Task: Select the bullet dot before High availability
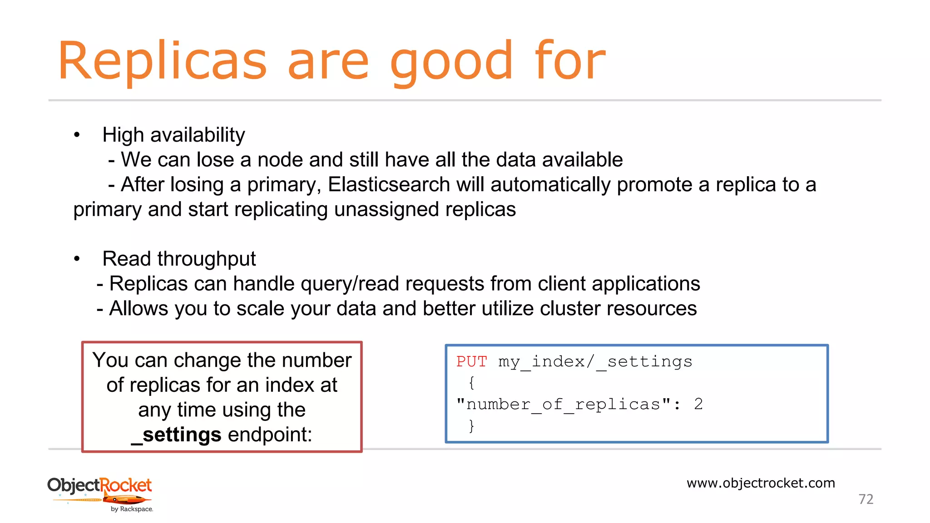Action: click(77, 135)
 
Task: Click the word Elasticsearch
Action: click(389, 185)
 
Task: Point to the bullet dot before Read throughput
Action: click(77, 259)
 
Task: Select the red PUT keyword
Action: click(471, 362)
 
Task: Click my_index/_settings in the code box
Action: click(595, 362)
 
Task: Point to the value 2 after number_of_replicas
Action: click(698, 404)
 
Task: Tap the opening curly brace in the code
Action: click(472, 383)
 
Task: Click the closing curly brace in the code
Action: click(472, 425)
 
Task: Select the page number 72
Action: click(866, 499)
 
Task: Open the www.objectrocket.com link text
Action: click(761, 483)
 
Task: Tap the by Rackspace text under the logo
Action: click(132, 509)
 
